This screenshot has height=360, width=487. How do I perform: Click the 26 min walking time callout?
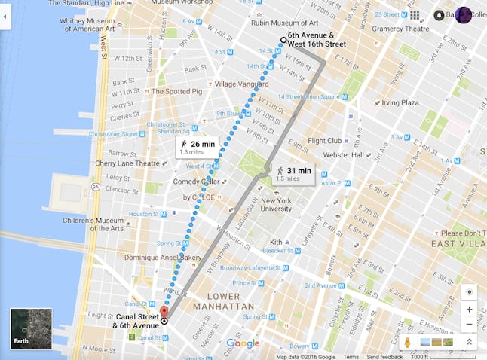click(197, 147)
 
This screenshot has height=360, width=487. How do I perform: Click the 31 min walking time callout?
click(293, 174)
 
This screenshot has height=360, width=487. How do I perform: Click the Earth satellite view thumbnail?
click(31, 328)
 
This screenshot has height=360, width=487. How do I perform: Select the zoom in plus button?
click(469, 310)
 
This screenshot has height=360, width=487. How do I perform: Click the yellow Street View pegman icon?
click(407, 343)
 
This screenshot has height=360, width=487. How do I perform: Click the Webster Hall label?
click(343, 155)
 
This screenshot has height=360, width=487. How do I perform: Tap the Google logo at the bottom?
click(243, 343)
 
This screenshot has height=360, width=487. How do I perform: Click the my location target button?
click(469, 291)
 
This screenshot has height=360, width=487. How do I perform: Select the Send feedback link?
click(384, 356)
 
